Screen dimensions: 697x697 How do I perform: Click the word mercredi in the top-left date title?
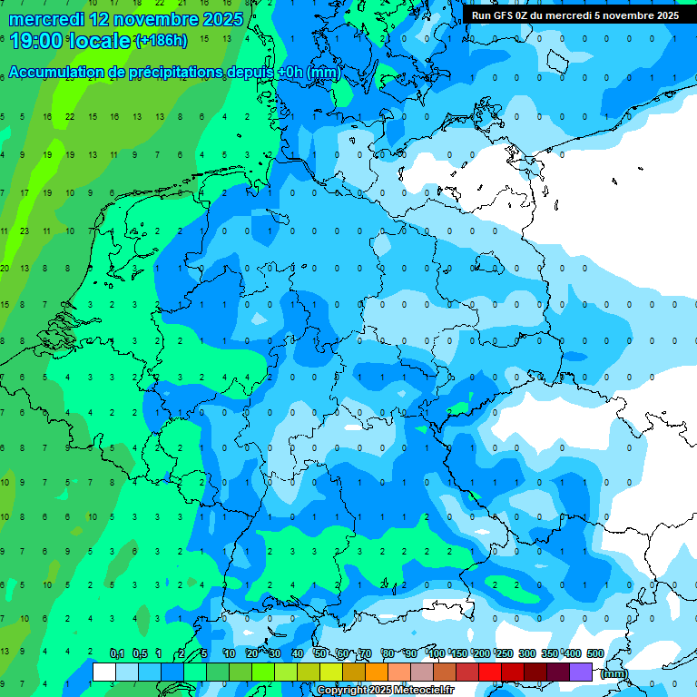tap(46, 19)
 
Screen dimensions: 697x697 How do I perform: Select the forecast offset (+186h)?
tap(162, 41)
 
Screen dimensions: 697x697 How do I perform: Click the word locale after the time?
tap(103, 41)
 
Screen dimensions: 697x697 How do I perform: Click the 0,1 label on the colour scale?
tap(117, 653)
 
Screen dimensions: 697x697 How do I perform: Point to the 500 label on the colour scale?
tap(595, 653)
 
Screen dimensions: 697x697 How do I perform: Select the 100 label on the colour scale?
tap(437, 653)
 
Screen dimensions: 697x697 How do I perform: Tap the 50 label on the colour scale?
tap(320, 653)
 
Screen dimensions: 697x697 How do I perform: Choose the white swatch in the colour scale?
tap(104, 672)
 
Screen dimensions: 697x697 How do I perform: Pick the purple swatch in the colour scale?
tap(581, 672)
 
